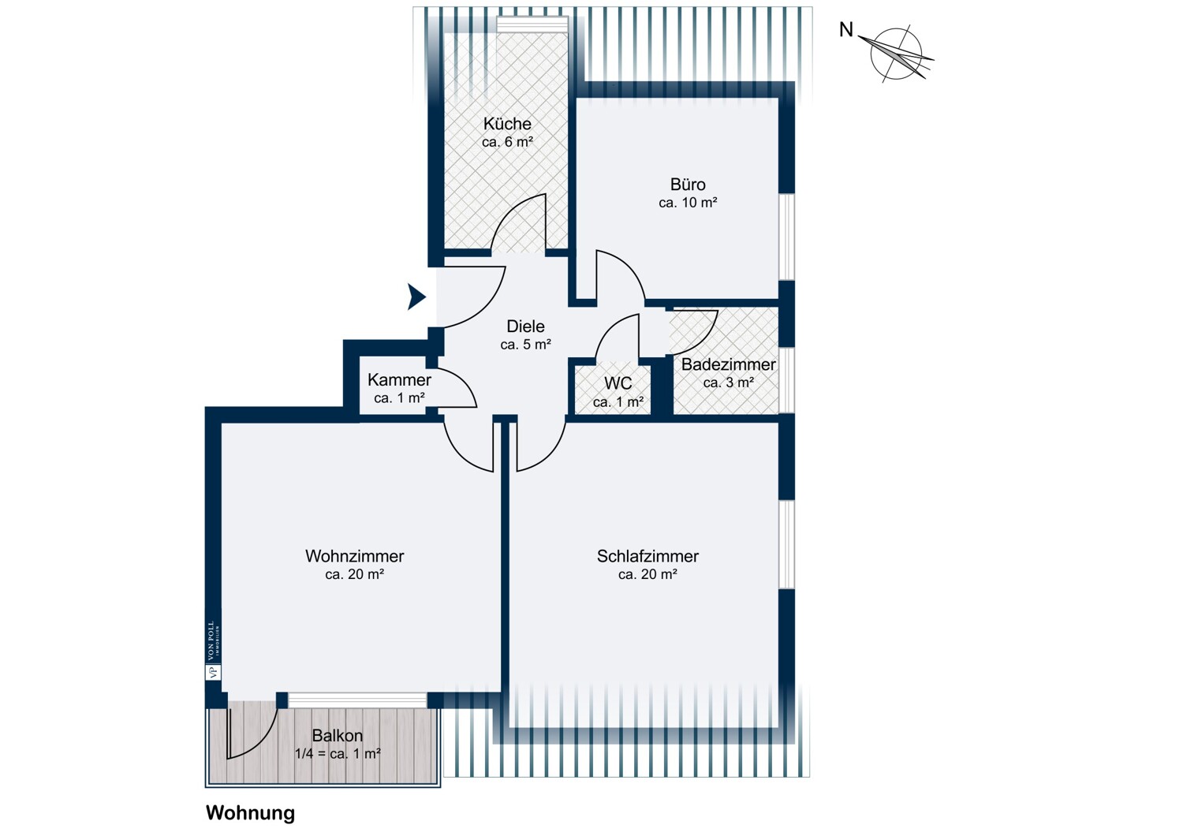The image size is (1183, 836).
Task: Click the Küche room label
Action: tap(507, 124)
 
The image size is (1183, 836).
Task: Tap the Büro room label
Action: tap(688, 185)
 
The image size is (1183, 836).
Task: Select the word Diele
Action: tap(525, 327)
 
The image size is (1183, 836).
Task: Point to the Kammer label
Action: tap(399, 379)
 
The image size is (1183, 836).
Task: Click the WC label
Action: tap(618, 383)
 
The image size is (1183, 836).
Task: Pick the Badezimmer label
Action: tap(728, 364)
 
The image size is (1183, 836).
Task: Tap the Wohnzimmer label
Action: tap(354, 556)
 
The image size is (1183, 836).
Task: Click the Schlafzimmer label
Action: tap(647, 556)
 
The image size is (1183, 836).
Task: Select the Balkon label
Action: tap(337, 736)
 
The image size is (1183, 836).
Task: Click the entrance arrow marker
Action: tap(416, 297)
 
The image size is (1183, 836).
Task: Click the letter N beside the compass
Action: tap(846, 29)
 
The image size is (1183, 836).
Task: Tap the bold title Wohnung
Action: tap(250, 812)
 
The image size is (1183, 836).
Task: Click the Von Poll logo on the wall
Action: tap(213, 650)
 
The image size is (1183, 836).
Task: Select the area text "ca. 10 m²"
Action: tap(688, 202)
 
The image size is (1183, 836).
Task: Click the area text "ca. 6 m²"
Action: tap(507, 141)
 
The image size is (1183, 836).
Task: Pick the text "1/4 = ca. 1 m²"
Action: tap(338, 754)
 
